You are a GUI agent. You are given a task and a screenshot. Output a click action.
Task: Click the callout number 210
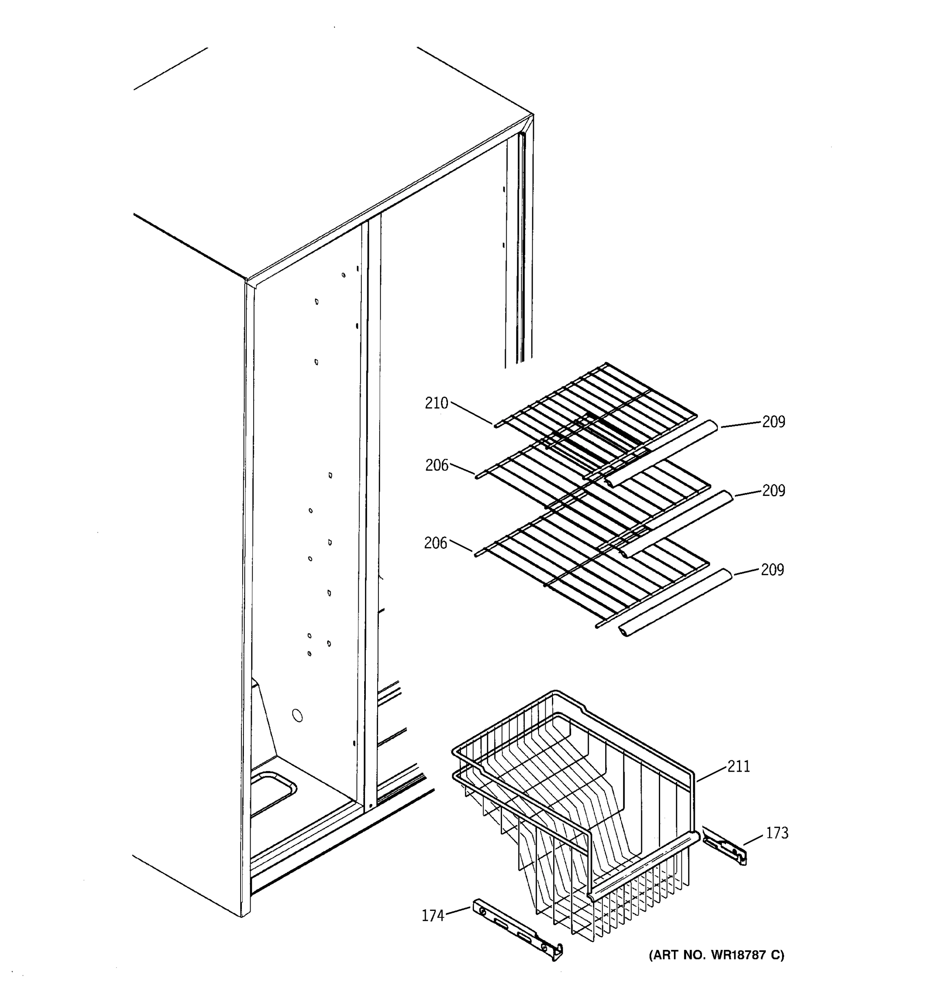tap(437, 403)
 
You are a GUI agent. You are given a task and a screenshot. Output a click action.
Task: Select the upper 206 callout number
tap(437, 465)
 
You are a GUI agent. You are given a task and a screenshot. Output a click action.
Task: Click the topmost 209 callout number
tap(774, 422)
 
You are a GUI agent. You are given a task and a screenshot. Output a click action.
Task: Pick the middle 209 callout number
tap(774, 491)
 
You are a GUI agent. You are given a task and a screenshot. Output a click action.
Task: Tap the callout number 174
tap(433, 916)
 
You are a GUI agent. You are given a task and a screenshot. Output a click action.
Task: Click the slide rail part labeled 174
tap(516, 928)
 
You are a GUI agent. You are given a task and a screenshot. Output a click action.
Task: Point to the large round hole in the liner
tap(298, 716)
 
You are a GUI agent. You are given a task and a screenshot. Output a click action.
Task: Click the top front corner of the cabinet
tap(247, 280)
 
